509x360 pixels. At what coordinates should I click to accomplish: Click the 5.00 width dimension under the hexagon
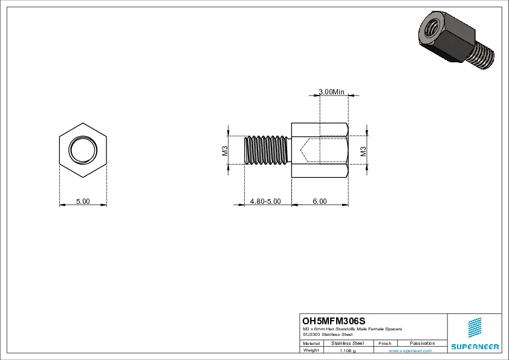click(x=83, y=201)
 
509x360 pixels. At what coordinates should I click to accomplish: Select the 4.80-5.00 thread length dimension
click(x=265, y=201)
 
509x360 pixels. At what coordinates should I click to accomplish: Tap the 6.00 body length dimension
click(x=319, y=201)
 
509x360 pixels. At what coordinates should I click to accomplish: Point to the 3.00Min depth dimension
click(x=331, y=92)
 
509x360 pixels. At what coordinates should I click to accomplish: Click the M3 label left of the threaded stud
click(x=225, y=151)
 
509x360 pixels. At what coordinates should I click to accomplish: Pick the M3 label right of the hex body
click(x=363, y=151)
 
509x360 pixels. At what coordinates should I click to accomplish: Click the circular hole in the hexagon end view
click(x=83, y=149)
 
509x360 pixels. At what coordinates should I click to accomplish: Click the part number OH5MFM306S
click(x=334, y=320)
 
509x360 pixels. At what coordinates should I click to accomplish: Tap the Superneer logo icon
click(x=475, y=327)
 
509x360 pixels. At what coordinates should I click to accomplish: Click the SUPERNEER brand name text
click(x=475, y=347)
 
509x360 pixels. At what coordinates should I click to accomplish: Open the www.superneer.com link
click(x=410, y=350)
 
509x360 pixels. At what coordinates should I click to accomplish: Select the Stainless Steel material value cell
click(x=348, y=343)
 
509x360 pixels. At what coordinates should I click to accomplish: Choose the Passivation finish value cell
click(x=422, y=343)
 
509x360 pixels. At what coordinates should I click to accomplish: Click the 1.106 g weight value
click(x=348, y=350)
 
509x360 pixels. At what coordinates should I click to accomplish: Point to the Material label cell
click(x=311, y=343)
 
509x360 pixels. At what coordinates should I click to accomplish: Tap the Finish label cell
click(x=384, y=343)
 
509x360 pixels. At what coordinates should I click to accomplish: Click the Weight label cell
click(x=311, y=350)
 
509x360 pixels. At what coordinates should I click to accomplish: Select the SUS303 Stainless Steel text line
click(x=328, y=334)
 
